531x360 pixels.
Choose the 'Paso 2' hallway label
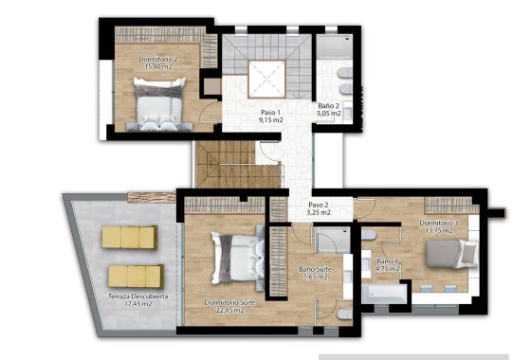[319, 206]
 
